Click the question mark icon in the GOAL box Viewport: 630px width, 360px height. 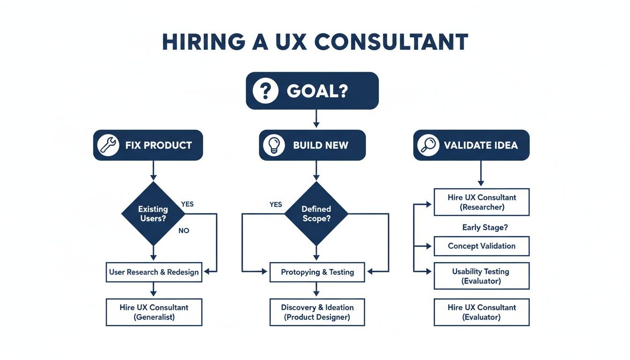point(265,90)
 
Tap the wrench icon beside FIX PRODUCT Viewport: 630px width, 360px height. point(108,145)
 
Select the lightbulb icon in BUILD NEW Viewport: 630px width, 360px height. point(274,145)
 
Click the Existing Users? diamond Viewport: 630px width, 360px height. point(153,213)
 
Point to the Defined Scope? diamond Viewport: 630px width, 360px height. point(316,213)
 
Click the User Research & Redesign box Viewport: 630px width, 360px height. point(154,272)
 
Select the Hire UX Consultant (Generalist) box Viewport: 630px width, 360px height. point(154,312)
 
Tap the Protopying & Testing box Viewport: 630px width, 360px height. point(317,272)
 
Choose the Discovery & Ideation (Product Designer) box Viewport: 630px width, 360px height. point(317,312)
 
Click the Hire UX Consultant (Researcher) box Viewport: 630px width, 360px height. point(481,202)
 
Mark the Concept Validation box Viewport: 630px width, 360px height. point(481,246)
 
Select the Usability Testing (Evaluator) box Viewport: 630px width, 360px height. point(481,276)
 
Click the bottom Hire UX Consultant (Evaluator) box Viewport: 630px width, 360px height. point(481,312)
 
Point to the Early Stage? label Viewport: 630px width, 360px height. point(485,227)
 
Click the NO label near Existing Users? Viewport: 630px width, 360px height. point(184,231)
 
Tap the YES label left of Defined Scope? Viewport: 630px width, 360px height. point(276,204)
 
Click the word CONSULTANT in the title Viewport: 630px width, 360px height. point(391,42)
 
